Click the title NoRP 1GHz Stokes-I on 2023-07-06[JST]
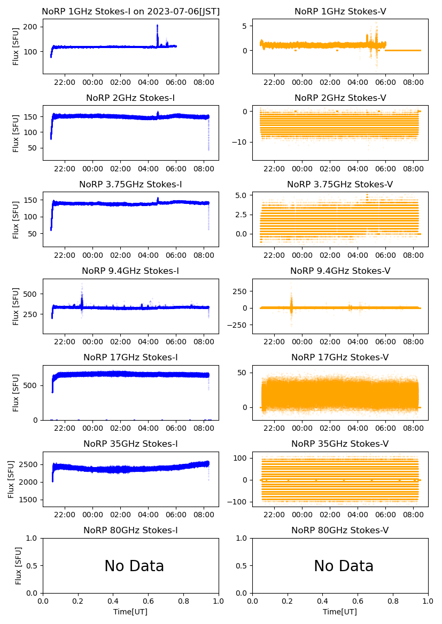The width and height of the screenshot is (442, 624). (x=130, y=11)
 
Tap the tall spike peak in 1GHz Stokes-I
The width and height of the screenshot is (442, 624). (x=157, y=26)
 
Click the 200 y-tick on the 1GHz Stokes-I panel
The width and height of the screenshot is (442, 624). (x=33, y=27)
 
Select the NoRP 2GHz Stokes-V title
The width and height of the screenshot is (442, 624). (x=340, y=98)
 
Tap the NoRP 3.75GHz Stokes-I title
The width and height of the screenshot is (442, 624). (x=130, y=184)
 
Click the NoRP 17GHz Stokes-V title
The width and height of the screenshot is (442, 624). (x=340, y=357)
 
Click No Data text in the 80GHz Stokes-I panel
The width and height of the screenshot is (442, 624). (x=134, y=566)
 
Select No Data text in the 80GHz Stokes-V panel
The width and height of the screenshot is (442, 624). (x=344, y=566)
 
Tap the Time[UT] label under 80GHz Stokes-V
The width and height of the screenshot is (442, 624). (x=340, y=612)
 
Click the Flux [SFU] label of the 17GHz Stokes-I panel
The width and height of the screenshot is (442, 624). (x=16, y=392)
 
